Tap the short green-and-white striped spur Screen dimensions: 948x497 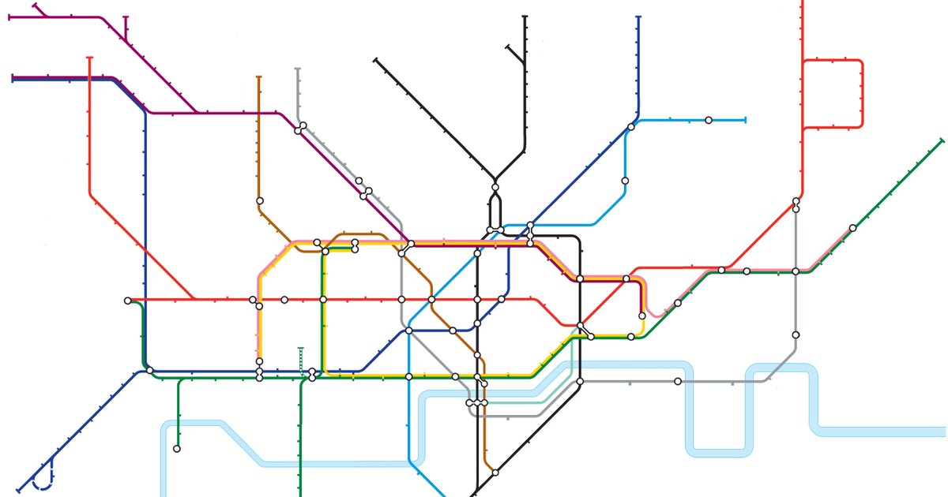300,360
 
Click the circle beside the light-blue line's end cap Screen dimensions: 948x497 709,120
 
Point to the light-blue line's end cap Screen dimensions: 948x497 745,120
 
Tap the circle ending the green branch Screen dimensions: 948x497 177,449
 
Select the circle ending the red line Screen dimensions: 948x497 128,301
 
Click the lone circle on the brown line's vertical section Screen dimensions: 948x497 259,200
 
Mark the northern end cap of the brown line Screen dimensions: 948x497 259,77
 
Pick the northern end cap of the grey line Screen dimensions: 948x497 298,69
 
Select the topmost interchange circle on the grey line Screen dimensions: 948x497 303,125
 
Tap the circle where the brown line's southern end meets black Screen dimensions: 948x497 495,473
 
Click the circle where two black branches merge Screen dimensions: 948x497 495,187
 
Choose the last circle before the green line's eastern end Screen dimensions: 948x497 852,228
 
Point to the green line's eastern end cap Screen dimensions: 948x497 942,140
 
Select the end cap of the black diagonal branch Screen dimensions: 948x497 376,59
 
